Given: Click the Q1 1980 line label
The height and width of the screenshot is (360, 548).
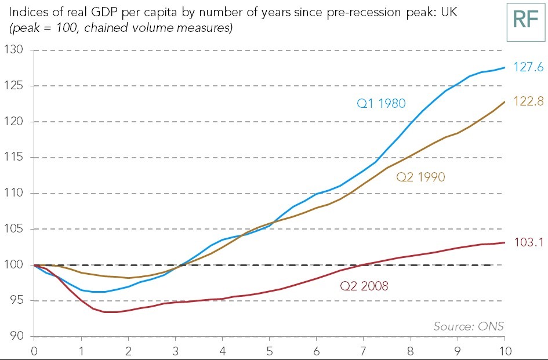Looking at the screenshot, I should [x=381, y=104].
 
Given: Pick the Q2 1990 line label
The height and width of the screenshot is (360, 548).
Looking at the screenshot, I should [x=420, y=177].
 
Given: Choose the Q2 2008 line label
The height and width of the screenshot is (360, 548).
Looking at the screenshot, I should [x=364, y=286].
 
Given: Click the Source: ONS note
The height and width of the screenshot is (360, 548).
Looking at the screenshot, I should [x=469, y=326].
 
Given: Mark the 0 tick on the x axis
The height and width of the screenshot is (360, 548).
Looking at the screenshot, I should [x=34, y=351].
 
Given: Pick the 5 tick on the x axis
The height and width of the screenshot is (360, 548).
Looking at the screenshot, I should [x=269, y=351].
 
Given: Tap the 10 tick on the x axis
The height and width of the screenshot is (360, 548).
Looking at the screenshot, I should [x=503, y=351].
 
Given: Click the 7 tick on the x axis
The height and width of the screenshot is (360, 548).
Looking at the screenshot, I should [x=364, y=351].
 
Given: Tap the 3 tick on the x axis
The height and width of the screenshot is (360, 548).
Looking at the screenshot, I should [x=175, y=351].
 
